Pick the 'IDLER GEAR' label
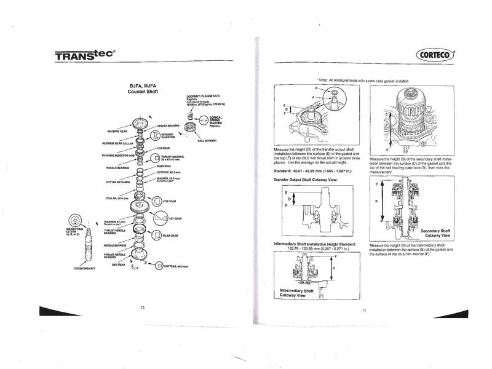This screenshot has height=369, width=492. (170, 235)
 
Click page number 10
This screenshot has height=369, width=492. (143, 306)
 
